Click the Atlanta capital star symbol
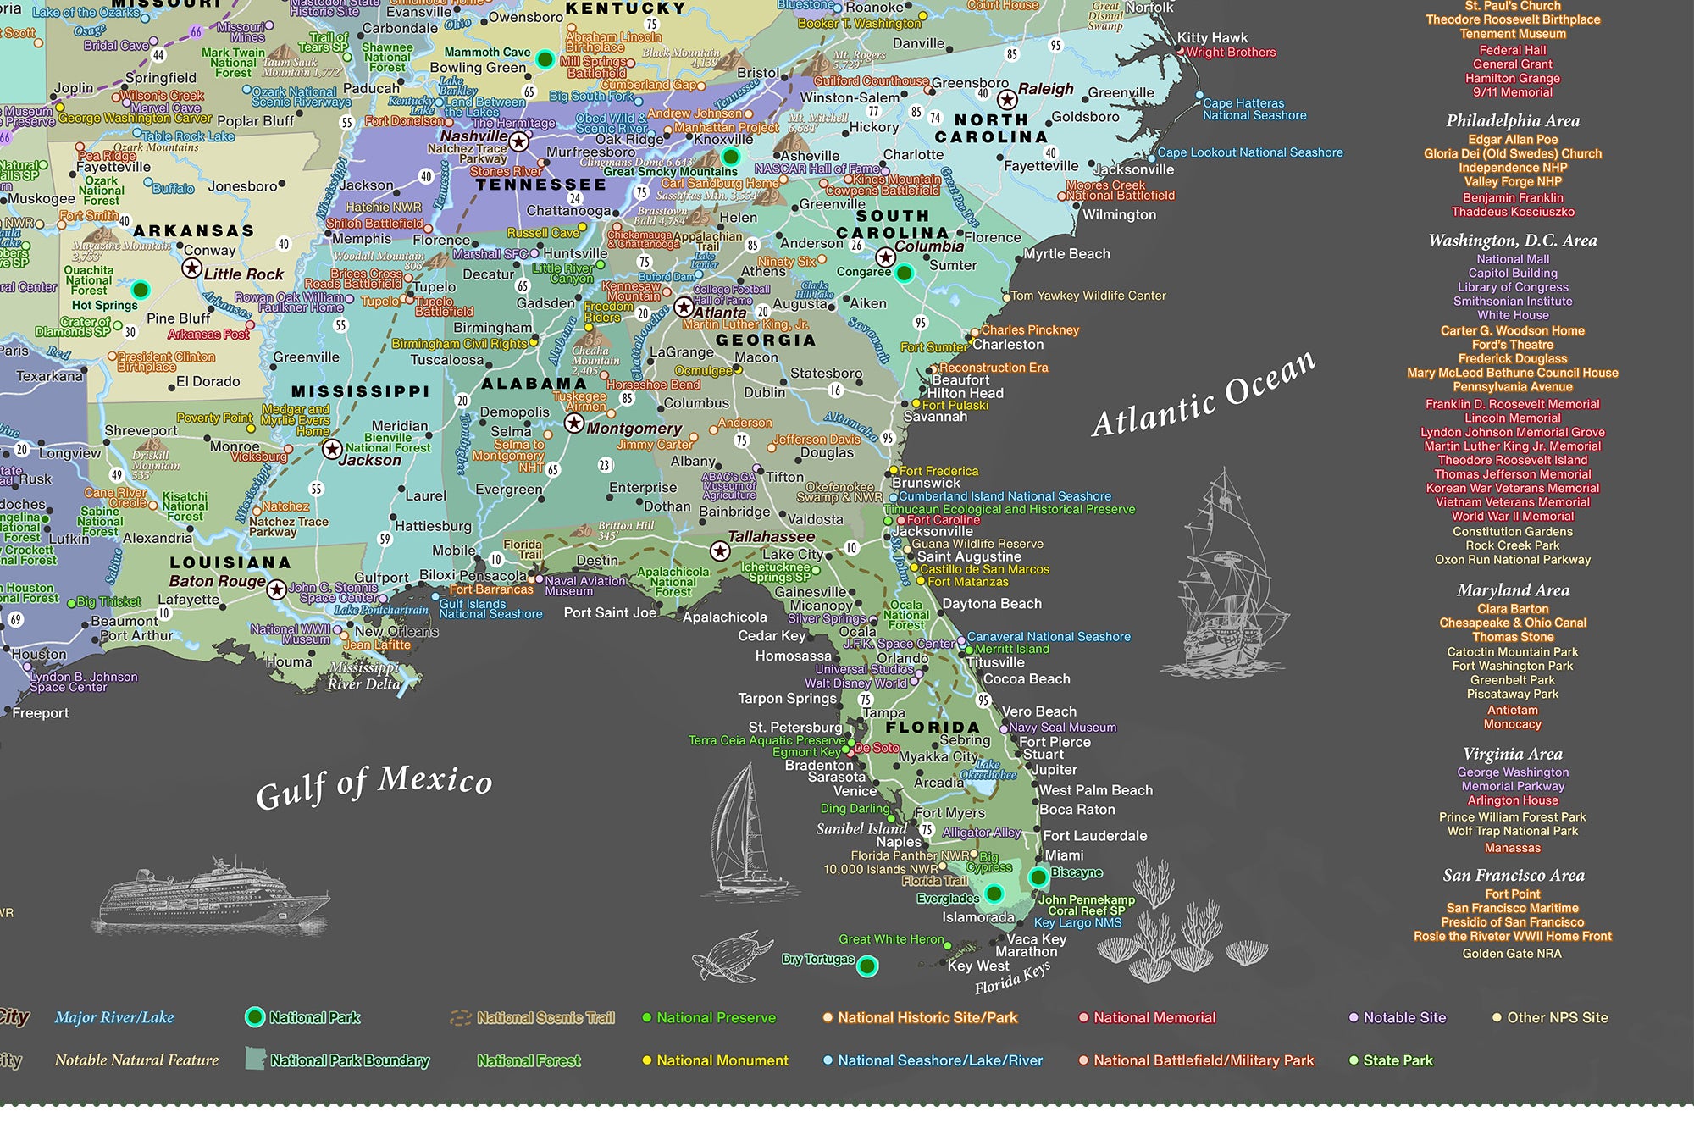pos(684,307)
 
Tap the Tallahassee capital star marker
pos(720,551)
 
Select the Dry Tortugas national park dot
pos(867,966)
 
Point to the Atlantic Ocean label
pos(1204,396)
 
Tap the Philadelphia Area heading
pos(1513,120)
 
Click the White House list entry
pos(1513,315)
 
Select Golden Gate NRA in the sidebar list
pos(1512,954)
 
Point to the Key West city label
pos(978,966)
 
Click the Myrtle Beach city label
pos(1066,254)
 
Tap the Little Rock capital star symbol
pos(192,268)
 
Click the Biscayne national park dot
pos(1038,877)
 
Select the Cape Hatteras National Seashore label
pos(1254,109)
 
